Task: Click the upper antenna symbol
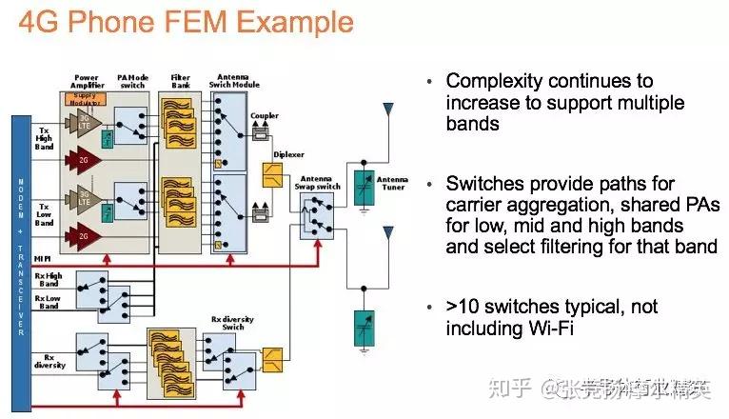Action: pos(387,111)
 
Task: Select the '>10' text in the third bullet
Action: pos(464,308)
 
